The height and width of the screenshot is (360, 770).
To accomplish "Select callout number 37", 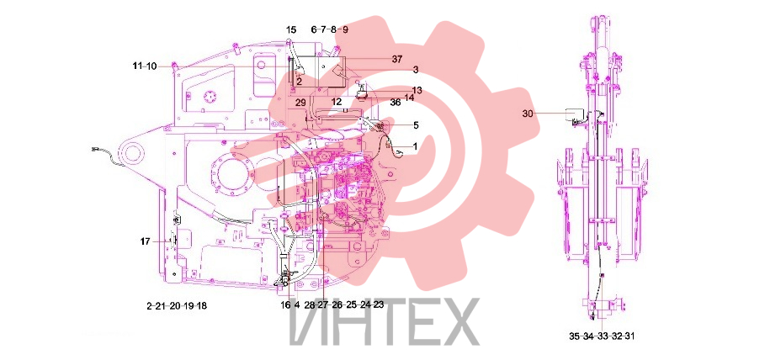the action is [397, 60].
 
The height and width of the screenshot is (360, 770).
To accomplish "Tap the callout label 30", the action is [528, 114].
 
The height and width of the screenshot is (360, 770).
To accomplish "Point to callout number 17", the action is [145, 241].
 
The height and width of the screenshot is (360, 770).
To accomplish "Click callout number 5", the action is [416, 125].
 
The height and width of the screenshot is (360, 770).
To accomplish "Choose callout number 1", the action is [415, 146].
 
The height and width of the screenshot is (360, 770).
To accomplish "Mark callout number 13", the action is [417, 90].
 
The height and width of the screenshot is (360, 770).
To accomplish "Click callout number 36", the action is [396, 103].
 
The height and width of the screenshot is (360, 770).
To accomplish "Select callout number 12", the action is [336, 102].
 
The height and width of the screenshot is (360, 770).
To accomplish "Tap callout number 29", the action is [300, 103].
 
